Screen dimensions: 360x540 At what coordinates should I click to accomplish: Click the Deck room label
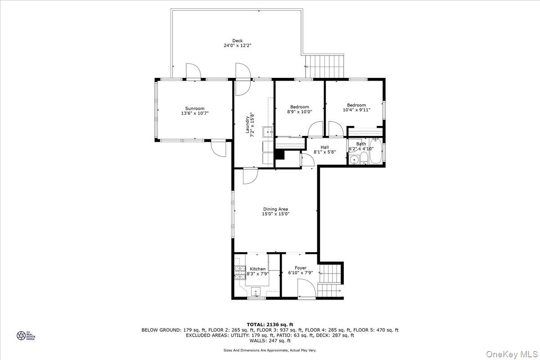pos(237,40)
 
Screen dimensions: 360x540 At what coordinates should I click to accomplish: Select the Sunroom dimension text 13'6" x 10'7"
pos(195,113)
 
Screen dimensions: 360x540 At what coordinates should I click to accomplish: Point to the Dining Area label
pos(275,209)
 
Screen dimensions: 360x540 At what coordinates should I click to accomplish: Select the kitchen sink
pos(256,291)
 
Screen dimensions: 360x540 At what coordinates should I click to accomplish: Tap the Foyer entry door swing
pos(305,288)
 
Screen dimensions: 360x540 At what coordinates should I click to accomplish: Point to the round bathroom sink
pos(353,160)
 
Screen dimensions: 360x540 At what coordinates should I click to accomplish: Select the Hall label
pos(324,147)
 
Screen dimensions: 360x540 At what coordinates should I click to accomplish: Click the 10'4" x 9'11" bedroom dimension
pos(356,110)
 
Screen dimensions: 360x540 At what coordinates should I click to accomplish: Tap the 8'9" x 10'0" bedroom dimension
pos(299,112)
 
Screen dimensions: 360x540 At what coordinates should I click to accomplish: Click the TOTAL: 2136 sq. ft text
pos(270,324)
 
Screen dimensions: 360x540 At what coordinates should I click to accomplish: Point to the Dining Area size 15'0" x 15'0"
pos(275,214)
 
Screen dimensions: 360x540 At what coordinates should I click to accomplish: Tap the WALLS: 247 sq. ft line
pos(270,340)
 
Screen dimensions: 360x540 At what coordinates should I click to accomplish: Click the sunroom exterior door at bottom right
pos(218,148)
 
